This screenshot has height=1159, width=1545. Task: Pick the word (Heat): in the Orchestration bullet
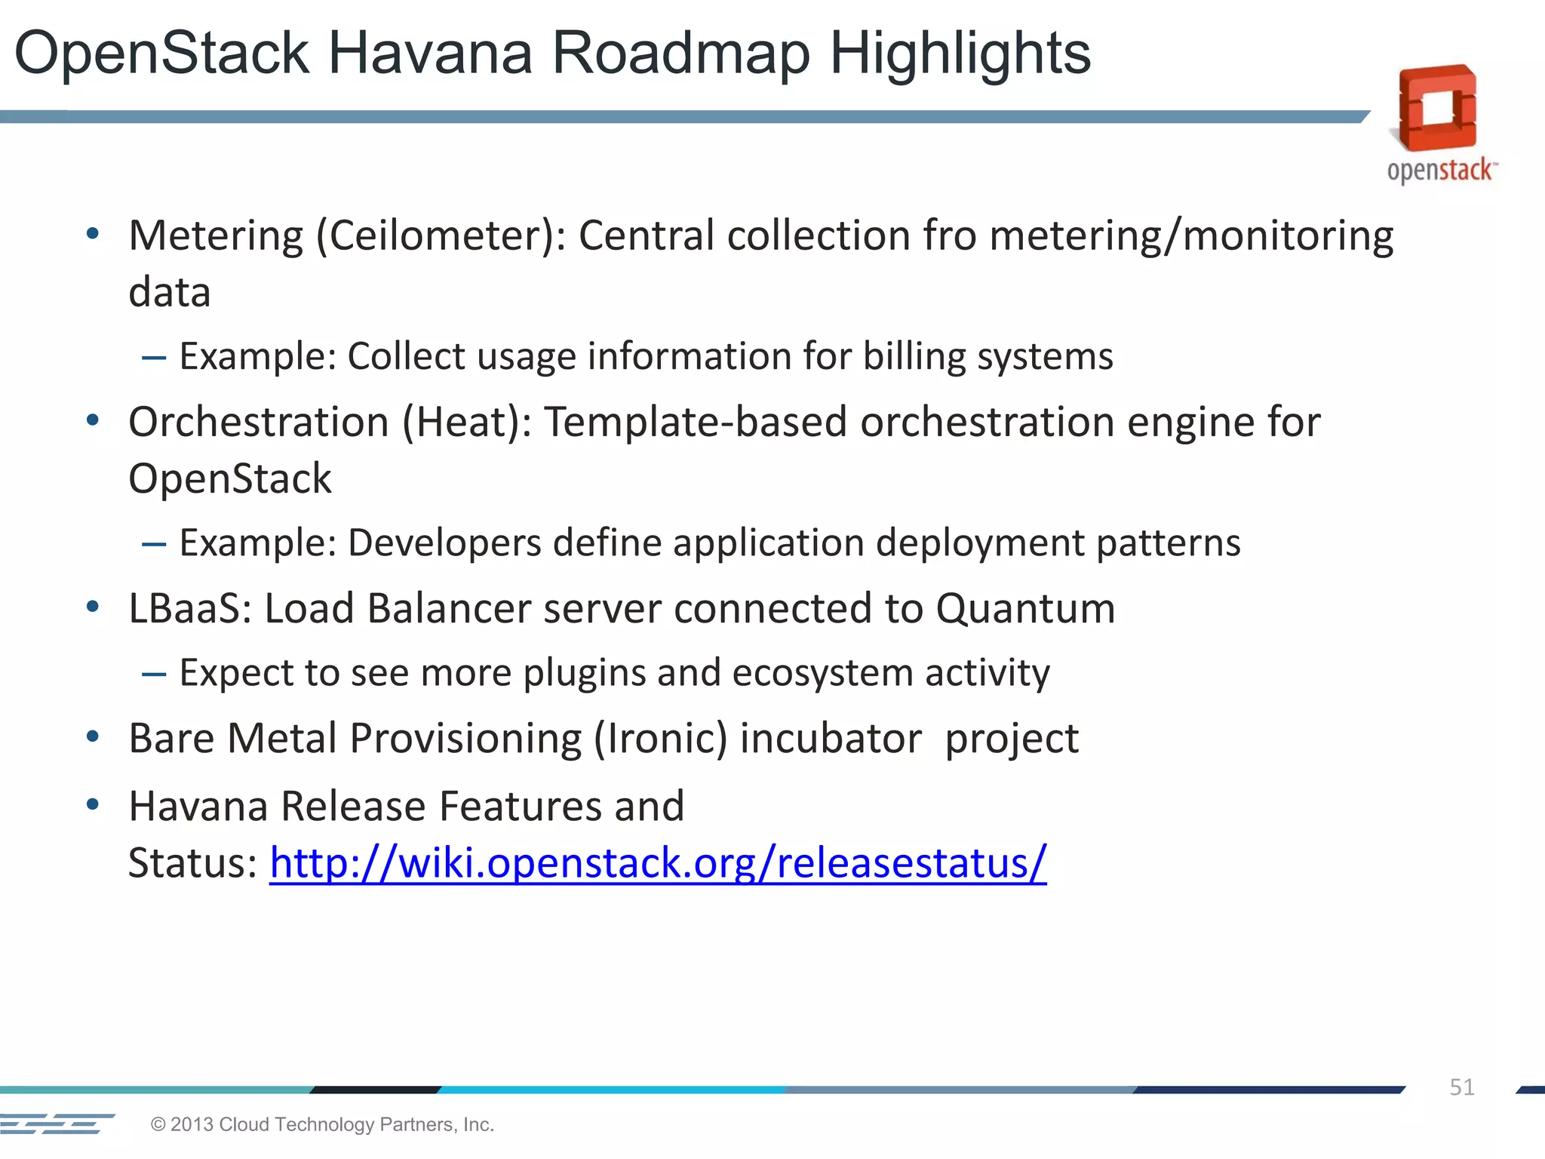tap(467, 422)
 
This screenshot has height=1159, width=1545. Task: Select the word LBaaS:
tap(190, 608)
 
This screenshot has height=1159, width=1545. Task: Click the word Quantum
tap(1025, 610)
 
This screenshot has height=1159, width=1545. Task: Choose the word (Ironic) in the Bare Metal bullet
tap(660, 739)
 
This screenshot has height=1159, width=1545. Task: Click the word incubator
tap(831, 739)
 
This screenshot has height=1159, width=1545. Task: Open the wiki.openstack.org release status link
tap(658, 863)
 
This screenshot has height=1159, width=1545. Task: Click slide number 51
tap(1461, 1087)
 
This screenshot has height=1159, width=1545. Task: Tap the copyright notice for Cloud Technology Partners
tap(322, 1124)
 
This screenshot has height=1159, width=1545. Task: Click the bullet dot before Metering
tap(93, 234)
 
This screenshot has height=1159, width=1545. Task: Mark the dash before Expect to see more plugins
tap(154, 674)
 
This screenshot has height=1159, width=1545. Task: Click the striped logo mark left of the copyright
tap(57, 1124)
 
